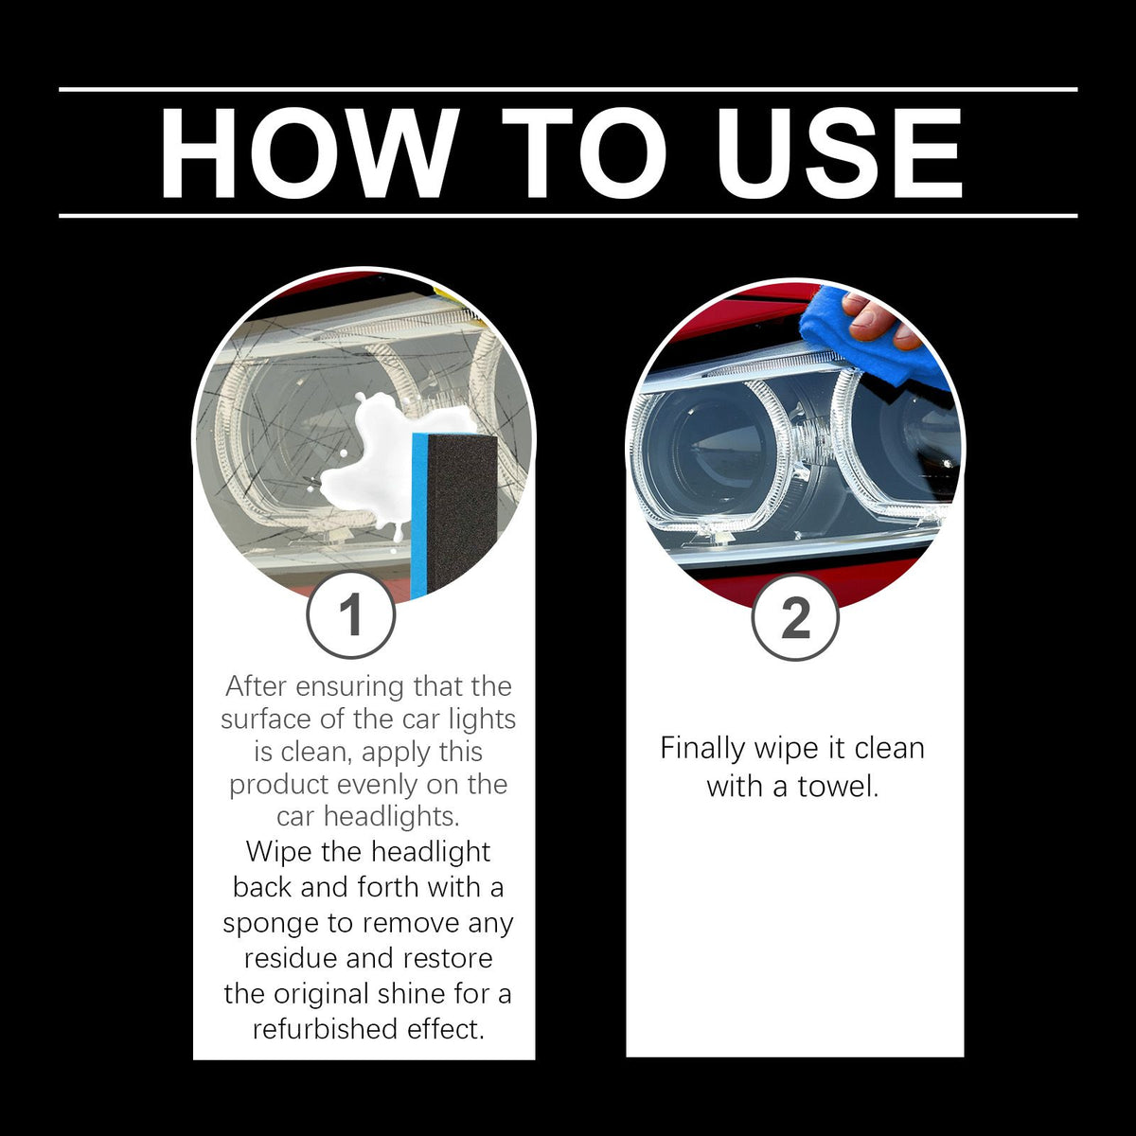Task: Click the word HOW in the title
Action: (310, 154)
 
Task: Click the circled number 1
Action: (351, 615)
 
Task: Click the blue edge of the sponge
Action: (419, 516)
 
